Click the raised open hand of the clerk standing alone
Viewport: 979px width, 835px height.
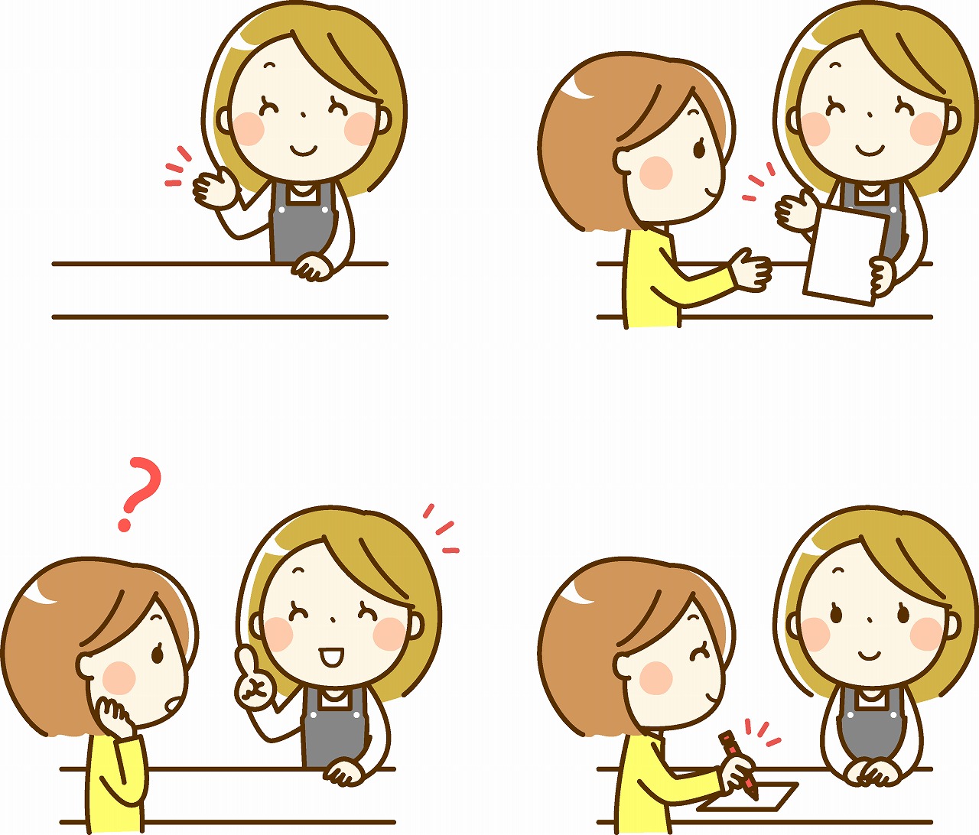[x=214, y=189]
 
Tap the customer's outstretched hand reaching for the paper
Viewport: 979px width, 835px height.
[x=751, y=268]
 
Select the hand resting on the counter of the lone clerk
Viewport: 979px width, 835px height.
[x=314, y=268]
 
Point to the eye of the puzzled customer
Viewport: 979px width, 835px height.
[x=160, y=654]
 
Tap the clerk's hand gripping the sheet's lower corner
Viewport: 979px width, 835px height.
[x=881, y=276]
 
